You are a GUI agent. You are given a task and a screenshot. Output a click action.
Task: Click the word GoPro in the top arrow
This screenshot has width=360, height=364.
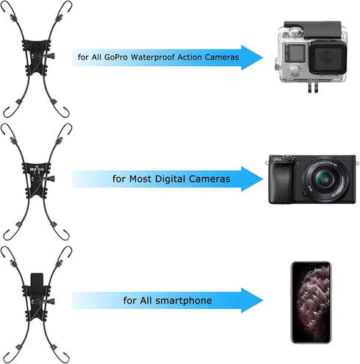tap(116, 57)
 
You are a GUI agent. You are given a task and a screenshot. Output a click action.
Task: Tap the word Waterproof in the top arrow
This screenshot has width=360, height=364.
tap(153, 57)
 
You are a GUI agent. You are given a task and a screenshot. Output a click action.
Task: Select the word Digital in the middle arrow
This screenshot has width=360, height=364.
tap(170, 179)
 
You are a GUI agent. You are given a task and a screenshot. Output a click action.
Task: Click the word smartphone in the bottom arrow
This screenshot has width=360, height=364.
tap(184, 301)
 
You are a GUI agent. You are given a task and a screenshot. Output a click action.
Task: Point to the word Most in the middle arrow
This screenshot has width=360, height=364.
tap(140, 179)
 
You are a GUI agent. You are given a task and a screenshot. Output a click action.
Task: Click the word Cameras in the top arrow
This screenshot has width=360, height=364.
tap(222, 57)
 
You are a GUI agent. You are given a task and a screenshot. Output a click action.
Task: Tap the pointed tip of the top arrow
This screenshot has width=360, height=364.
tap(263, 57)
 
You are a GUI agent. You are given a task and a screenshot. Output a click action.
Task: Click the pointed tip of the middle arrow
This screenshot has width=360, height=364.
tap(263, 179)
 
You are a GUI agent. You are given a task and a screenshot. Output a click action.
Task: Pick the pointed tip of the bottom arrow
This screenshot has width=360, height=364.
tap(263, 300)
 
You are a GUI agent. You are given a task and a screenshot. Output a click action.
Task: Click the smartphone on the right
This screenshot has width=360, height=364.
tap(312, 302)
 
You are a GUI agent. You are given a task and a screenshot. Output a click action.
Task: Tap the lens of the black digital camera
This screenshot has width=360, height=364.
tap(325, 179)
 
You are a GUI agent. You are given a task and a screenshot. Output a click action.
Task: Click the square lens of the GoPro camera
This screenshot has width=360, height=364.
tap(328, 57)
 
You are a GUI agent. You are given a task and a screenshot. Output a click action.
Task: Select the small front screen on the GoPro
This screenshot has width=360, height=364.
tap(295, 53)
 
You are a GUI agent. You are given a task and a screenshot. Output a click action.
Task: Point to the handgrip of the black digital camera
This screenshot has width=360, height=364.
tap(281, 182)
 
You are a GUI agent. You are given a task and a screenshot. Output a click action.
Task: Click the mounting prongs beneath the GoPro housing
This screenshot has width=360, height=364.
tap(313, 88)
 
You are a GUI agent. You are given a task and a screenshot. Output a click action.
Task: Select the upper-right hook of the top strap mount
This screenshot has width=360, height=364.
tap(65, 9)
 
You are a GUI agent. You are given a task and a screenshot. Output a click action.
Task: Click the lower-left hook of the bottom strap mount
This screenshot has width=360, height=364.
tap(10, 357)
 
